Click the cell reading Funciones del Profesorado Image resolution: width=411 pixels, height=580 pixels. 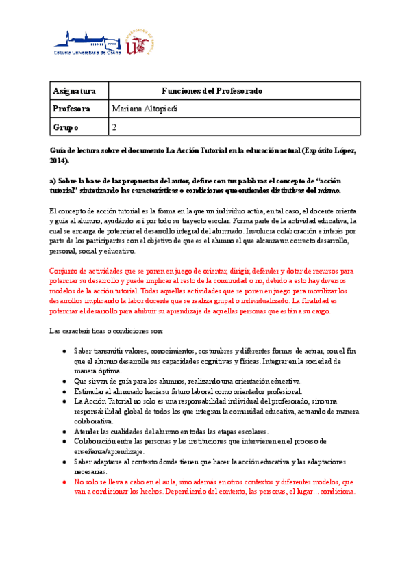point(212,91)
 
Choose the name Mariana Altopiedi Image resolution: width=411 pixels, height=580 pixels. point(144,109)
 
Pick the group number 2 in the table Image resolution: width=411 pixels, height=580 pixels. point(114,127)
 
